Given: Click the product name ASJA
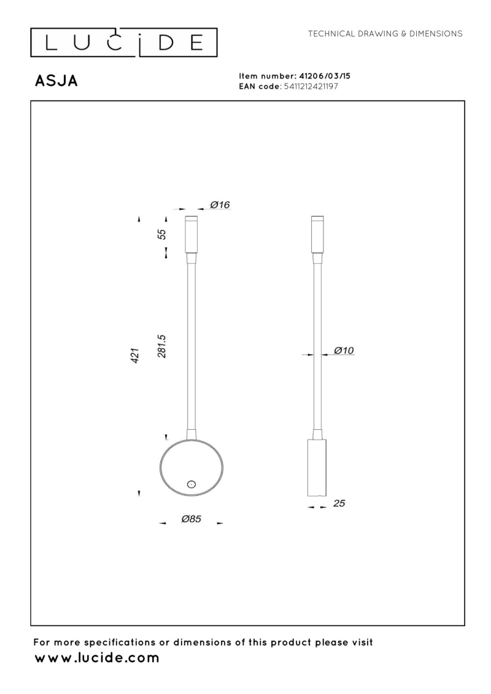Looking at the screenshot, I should (x=56, y=82).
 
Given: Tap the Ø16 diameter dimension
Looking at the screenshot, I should (x=220, y=205).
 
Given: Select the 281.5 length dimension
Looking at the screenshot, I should (x=163, y=346).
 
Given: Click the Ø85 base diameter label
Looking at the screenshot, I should (x=191, y=519).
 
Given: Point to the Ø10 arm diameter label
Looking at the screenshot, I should (x=344, y=350).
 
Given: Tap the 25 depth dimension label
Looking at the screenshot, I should (x=339, y=503).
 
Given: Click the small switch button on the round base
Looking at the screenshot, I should (x=190, y=484).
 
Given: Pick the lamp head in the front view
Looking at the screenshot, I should (x=191, y=234).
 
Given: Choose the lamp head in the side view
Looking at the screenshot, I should (x=317, y=234).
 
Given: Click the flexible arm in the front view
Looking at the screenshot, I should (x=191, y=343).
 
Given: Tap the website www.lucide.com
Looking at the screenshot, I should (x=96, y=658).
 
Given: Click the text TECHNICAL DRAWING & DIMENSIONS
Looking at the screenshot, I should (x=385, y=33).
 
